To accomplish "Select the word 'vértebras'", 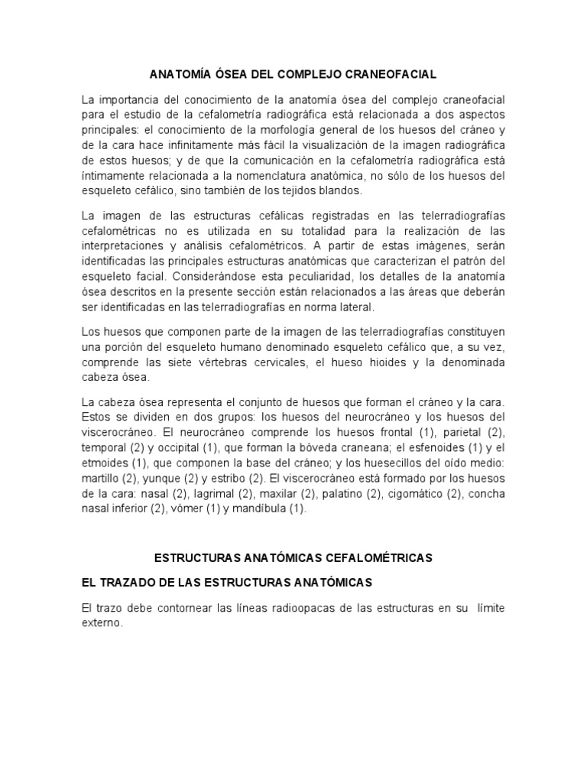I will point(242,361).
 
